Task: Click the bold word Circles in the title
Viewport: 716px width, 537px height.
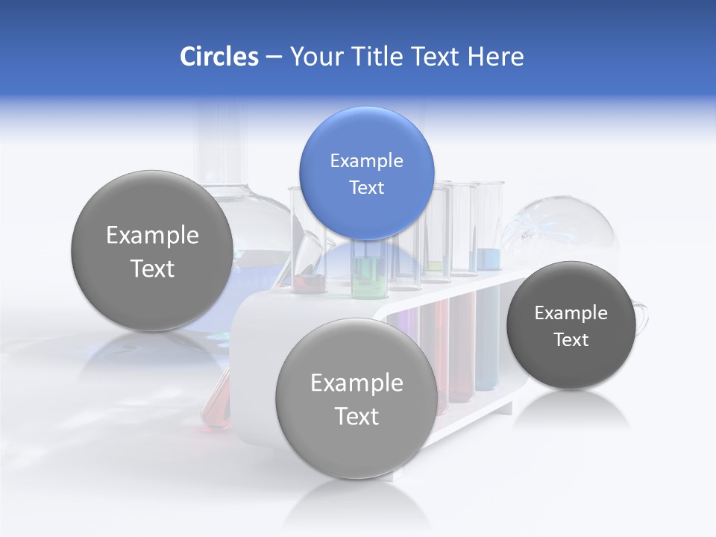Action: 219,57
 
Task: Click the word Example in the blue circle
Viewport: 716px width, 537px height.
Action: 366,160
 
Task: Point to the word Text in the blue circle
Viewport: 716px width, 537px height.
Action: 366,187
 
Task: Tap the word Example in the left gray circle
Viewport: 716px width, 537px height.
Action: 152,235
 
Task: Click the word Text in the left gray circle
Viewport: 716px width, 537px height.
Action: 152,268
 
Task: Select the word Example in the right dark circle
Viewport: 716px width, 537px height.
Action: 571,313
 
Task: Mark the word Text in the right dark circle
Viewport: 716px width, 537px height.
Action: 571,339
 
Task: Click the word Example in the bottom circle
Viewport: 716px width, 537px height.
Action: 356,383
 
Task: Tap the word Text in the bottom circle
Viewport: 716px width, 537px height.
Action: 356,416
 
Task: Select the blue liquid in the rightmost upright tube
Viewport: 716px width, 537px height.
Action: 489,259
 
